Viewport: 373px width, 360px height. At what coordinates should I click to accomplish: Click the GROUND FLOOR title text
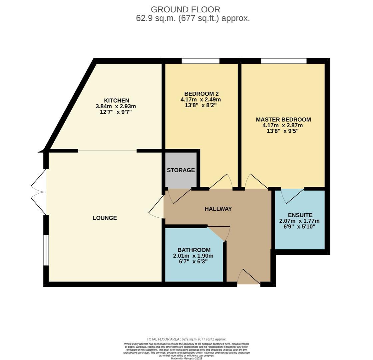185,10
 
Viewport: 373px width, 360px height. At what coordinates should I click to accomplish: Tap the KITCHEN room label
116,101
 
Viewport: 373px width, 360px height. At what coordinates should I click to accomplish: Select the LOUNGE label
105,218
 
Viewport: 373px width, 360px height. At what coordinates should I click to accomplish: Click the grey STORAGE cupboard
181,170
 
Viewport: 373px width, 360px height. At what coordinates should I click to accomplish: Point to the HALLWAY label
218,209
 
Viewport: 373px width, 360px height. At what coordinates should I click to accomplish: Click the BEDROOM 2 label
201,94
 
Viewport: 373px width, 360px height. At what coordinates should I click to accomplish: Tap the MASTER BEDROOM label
283,120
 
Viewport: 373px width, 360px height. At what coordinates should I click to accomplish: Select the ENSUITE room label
300,215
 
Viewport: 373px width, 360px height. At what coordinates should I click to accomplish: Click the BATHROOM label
194,250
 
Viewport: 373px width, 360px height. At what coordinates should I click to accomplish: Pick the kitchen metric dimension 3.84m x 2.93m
116,106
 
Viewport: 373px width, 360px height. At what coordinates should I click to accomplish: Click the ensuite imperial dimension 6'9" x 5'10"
299,227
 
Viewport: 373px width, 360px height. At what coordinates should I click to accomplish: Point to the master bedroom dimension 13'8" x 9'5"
282,131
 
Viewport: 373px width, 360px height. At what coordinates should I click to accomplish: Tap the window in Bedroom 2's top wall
200,61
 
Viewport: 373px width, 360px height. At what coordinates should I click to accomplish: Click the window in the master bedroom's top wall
284,61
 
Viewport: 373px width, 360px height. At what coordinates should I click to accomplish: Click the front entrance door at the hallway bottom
248,277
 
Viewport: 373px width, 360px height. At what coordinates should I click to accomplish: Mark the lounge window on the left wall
46,250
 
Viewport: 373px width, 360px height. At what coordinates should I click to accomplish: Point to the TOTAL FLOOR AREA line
186,339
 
